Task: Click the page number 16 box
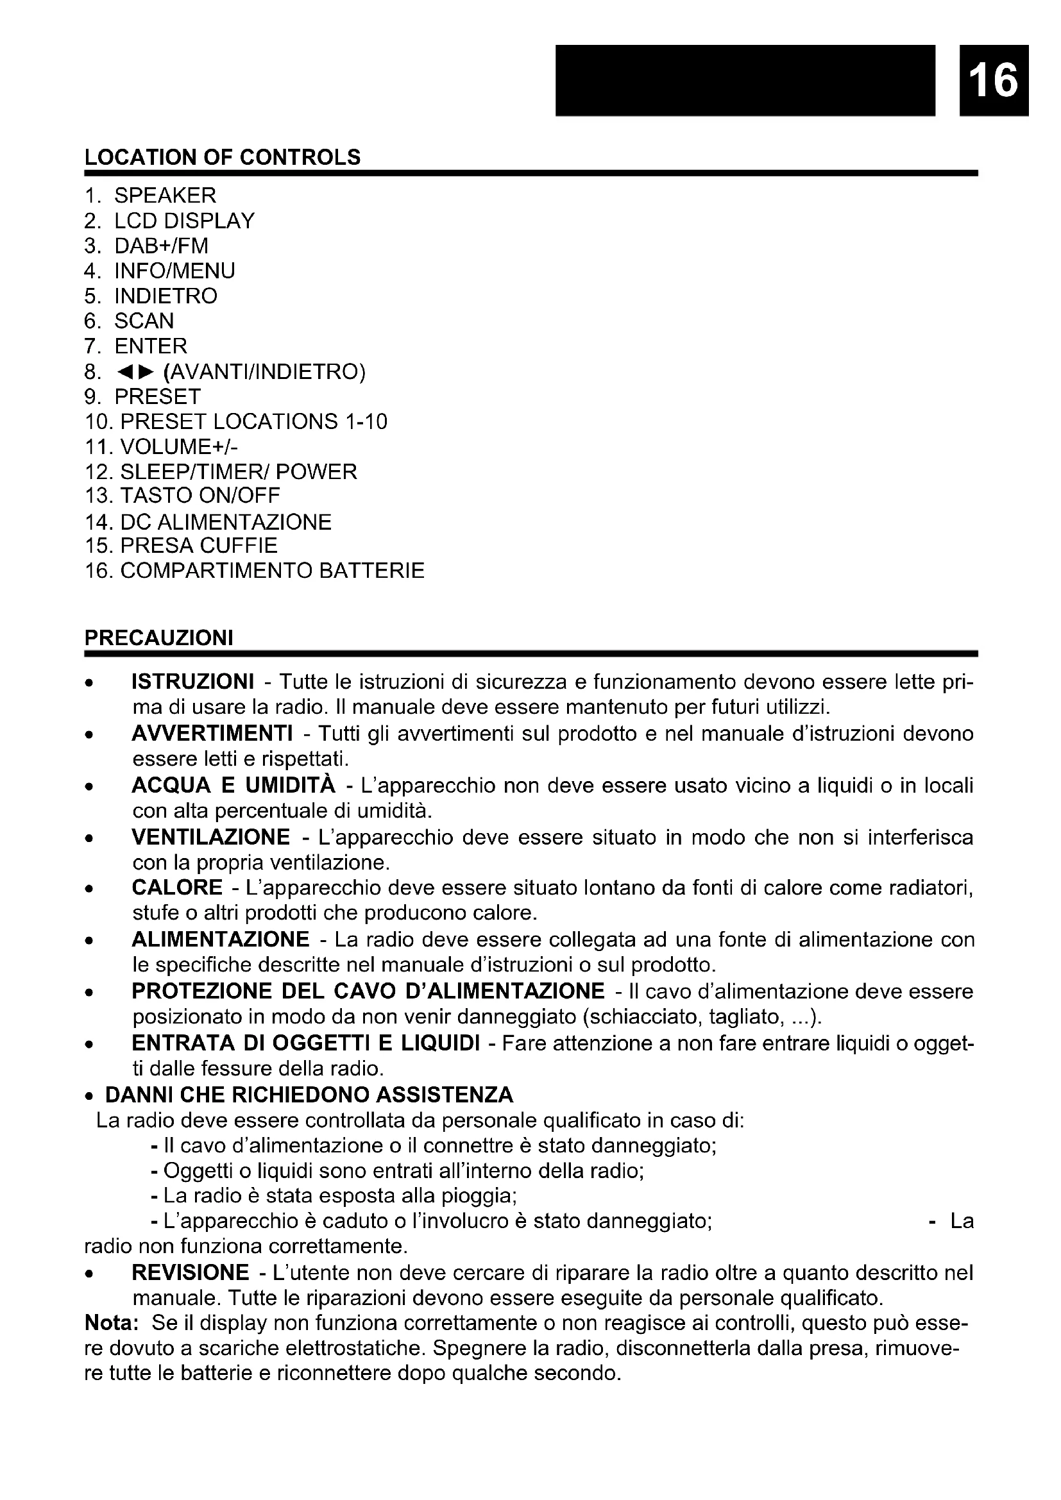(x=994, y=80)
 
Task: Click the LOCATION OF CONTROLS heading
(x=222, y=158)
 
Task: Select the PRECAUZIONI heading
(x=158, y=637)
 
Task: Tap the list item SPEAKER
(x=165, y=196)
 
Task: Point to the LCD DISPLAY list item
(x=183, y=221)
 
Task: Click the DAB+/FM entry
(x=161, y=246)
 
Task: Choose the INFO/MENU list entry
(x=174, y=271)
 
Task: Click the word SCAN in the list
(x=144, y=321)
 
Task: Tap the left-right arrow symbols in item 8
(x=135, y=372)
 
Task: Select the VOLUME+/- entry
(x=178, y=447)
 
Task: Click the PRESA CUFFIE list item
(x=199, y=546)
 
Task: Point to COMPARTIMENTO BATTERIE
(x=272, y=571)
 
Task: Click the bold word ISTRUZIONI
(x=192, y=682)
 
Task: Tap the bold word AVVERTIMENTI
(x=212, y=734)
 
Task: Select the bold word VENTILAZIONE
(x=210, y=837)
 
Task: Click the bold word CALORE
(x=177, y=888)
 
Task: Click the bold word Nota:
(x=111, y=1324)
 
